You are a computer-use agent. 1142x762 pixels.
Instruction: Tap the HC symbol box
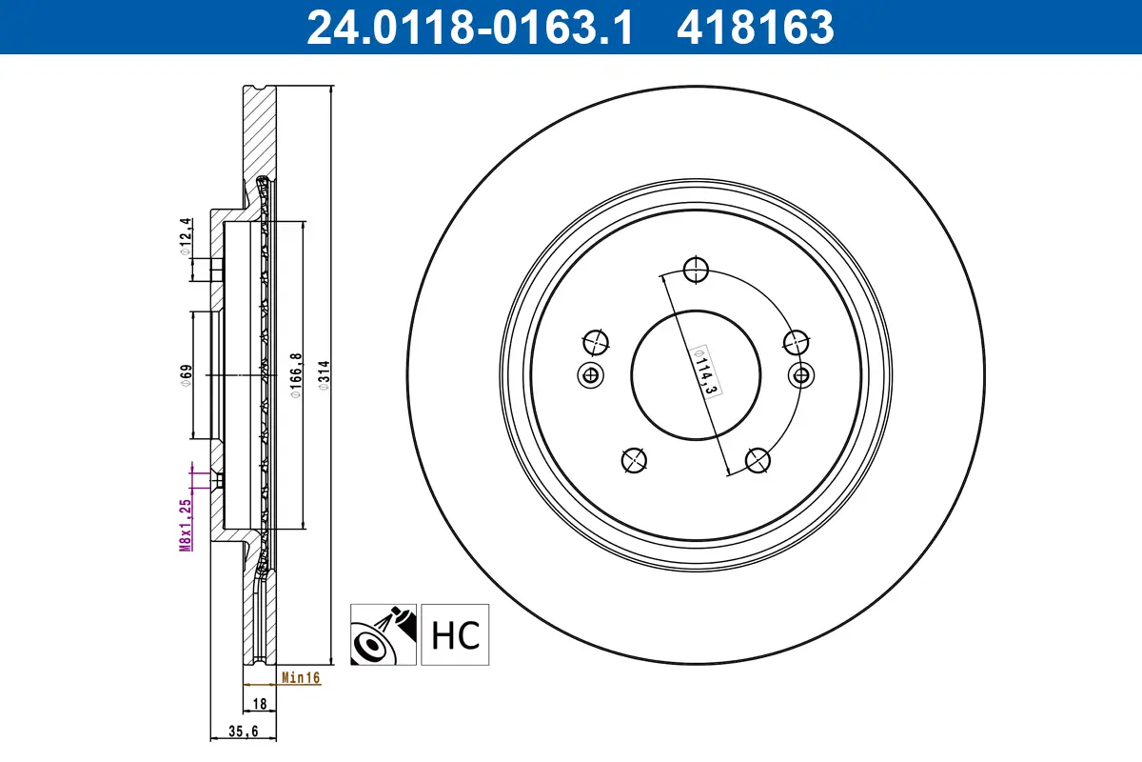[x=455, y=634]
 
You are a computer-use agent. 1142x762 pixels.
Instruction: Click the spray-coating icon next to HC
[x=384, y=634]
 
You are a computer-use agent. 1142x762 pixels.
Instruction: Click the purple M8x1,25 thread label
[x=187, y=524]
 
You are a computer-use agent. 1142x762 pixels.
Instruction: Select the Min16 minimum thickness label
[x=301, y=678]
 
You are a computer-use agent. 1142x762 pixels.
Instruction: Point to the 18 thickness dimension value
[x=259, y=704]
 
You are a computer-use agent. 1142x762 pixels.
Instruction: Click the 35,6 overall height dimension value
[x=243, y=732]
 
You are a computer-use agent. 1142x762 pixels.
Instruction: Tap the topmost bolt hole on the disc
[x=697, y=270]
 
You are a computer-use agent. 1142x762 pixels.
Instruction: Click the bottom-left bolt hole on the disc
[x=633, y=460]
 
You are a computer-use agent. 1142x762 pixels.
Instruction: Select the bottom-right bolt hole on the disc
[x=758, y=460]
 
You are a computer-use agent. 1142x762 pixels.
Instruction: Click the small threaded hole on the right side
[x=801, y=374]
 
